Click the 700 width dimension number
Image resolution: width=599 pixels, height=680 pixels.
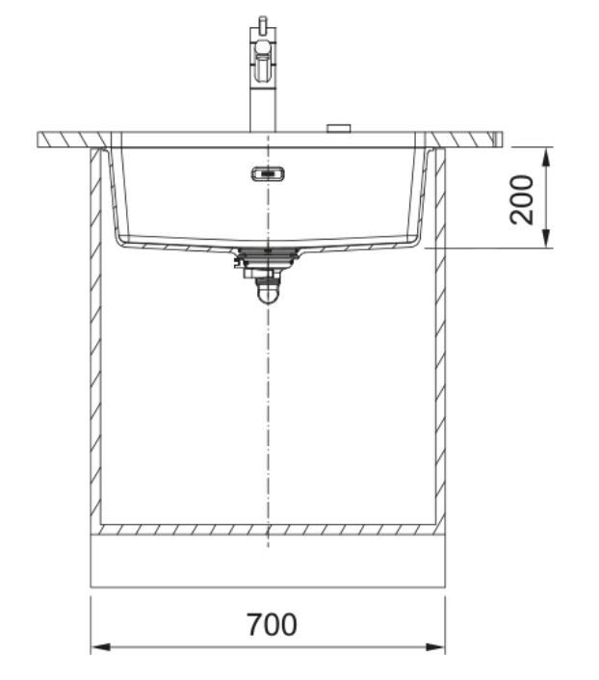click(272, 624)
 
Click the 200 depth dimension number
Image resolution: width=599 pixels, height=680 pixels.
click(521, 200)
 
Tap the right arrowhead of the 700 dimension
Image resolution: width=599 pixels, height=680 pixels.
click(434, 647)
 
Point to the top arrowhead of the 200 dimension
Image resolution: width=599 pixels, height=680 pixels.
click(547, 157)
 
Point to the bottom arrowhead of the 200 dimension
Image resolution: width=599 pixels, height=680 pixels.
click(547, 238)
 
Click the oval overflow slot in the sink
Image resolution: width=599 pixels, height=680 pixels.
click(268, 174)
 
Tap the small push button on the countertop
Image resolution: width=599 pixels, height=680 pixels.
click(339, 128)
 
